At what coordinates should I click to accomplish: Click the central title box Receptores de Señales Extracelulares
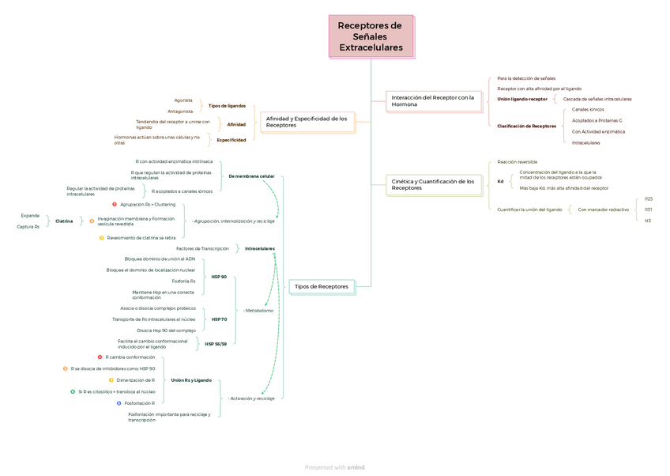[371, 36]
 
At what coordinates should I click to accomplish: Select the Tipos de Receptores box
[321, 286]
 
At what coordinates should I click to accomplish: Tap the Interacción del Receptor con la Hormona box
[434, 101]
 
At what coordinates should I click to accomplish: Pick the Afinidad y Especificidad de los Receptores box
[307, 122]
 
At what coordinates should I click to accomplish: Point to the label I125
[649, 198]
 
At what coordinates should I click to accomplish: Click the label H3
[648, 221]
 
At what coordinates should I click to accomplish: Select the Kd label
[500, 181]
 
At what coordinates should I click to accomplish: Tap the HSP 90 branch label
[219, 277]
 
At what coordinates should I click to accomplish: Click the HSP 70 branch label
[219, 319]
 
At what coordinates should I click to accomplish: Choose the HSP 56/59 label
[216, 344]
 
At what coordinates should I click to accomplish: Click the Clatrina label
[64, 221]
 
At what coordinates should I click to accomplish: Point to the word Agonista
[183, 100]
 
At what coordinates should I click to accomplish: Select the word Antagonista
[180, 111]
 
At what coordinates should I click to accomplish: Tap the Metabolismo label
[259, 311]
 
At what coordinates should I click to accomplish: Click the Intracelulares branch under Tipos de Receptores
[259, 248]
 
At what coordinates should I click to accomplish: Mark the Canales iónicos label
[588, 109]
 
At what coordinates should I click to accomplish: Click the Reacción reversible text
[517, 161]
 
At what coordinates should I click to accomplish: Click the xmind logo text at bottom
[356, 467]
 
